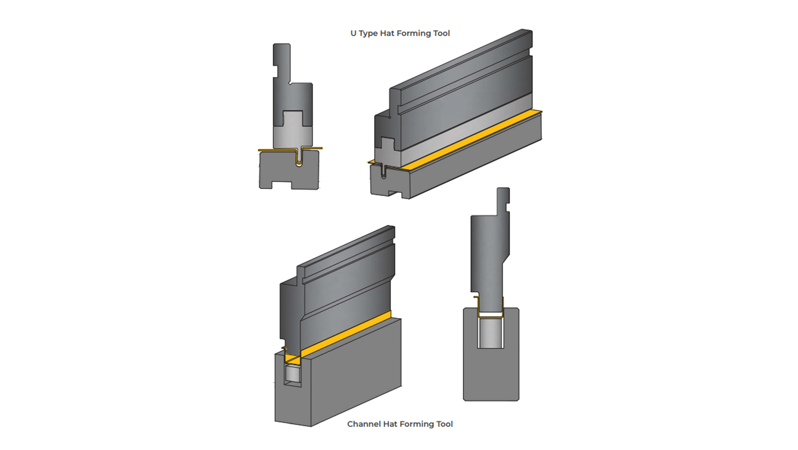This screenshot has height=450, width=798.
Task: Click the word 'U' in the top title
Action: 353,34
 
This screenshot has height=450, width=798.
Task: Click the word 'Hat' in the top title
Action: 387,34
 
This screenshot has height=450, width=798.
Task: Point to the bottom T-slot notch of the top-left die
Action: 282,185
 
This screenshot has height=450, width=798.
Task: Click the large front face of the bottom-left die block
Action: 356,372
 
